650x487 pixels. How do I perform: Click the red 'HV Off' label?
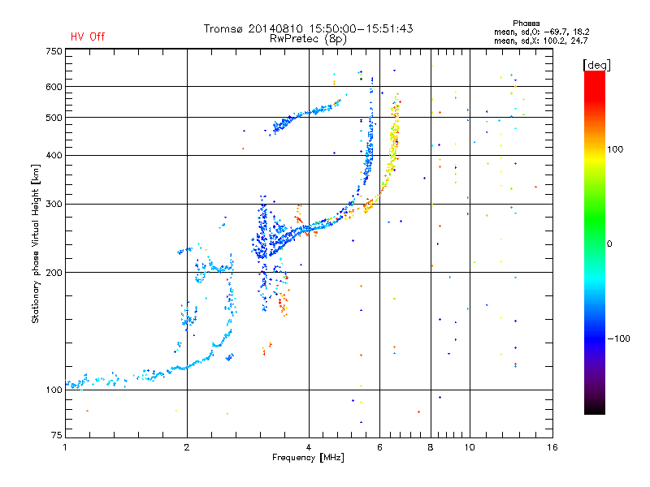(x=87, y=37)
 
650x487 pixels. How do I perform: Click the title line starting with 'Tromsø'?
(x=308, y=28)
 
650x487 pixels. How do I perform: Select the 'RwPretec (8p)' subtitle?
(x=309, y=38)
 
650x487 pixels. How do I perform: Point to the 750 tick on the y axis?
(x=54, y=51)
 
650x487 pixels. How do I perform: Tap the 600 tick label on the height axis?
(x=54, y=87)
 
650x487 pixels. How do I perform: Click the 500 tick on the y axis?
(x=54, y=118)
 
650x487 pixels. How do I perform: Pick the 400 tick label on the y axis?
(x=54, y=155)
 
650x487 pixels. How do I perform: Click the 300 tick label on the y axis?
(x=54, y=205)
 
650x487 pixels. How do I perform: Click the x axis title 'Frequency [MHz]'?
(x=309, y=458)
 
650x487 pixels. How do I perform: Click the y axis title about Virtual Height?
(x=36, y=243)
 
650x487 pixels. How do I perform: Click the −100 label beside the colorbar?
(x=618, y=338)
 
